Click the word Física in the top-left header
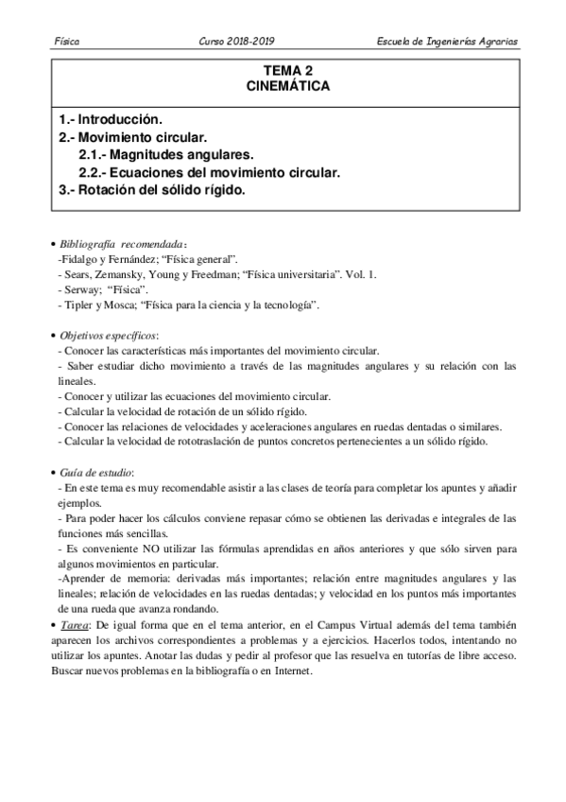tap(67, 43)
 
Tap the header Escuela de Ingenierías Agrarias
tap(447, 43)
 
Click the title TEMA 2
tap(285, 70)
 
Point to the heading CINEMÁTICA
tap(285, 85)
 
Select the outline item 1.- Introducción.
tap(111, 120)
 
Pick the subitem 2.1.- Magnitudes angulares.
tap(167, 154)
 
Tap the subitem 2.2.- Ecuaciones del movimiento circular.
tap(209, 172)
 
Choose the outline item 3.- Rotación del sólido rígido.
tap(151, 189)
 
